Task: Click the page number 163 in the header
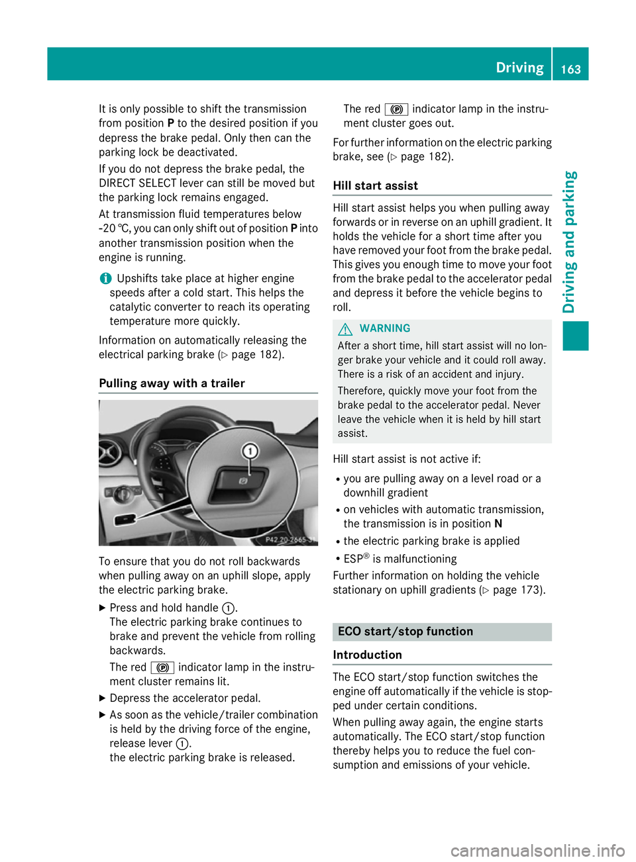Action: [x=570, y=69]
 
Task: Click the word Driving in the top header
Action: [x=519, y=68]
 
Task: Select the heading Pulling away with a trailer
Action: [x=172, y=383]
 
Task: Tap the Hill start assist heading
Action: [x=375, y=186]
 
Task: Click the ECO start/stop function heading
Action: [x=405, y=632]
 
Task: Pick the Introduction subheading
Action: [x=367, y=655]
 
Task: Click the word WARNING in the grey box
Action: [x=385, y=328]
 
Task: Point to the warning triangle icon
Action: [x=345, y=329]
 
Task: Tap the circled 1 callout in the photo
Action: [x=250, y=452]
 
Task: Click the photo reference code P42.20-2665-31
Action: [x=290, y=540]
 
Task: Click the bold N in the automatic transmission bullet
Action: [x=498, y=524]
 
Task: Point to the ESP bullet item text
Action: [x=400, y=559]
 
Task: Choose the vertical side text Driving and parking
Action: [x=569, y=242]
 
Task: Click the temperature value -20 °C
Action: [x=115, y=228]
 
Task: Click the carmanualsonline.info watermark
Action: [x=537, y=850]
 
